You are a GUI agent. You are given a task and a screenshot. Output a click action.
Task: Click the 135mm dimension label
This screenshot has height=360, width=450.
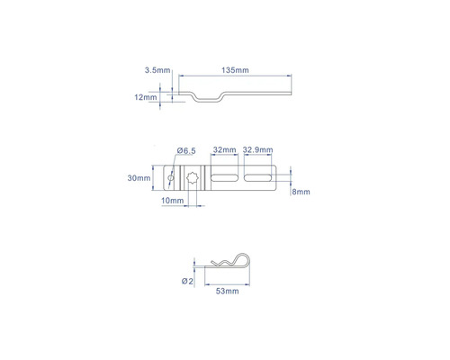pos(235,70)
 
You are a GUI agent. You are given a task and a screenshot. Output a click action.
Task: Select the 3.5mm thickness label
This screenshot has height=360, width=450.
pos(157,70)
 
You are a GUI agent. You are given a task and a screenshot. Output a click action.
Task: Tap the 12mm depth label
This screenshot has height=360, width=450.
pos(146,97)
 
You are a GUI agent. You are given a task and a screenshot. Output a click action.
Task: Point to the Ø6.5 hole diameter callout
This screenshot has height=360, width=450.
pos(186,150)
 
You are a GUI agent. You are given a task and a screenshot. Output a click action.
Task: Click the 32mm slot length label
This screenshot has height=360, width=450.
pos(224,149)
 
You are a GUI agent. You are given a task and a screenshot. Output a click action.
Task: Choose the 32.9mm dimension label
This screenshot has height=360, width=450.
pos(258,149)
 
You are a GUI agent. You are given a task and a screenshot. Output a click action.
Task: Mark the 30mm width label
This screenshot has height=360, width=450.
pos(139,178)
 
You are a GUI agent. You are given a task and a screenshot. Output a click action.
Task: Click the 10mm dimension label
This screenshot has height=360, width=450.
pos(173,201)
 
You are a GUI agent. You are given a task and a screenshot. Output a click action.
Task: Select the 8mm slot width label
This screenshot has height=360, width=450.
pos(301,192)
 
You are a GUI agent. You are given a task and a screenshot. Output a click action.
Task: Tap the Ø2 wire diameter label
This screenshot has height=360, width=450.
pos(187,281)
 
